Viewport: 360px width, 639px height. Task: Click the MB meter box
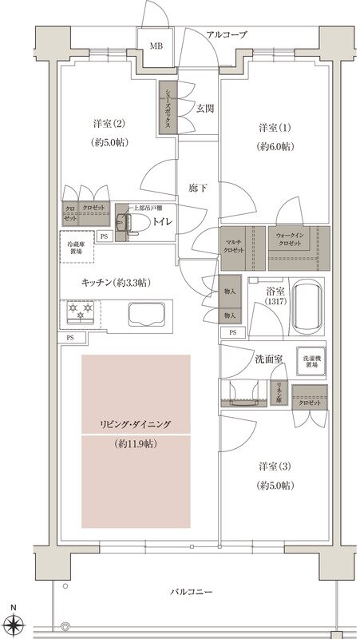pos(156,46)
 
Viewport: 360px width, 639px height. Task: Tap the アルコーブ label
pos(227,35)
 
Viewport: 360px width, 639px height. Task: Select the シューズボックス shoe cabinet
pos(168,109)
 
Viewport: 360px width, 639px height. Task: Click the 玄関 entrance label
pos(205,108)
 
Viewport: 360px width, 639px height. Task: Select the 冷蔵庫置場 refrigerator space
pos(77,247)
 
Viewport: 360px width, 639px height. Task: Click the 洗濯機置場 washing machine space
pos(312,364)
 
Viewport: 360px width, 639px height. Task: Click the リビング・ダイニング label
pos(136,424)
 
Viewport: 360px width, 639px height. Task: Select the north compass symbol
pos(14,620)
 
